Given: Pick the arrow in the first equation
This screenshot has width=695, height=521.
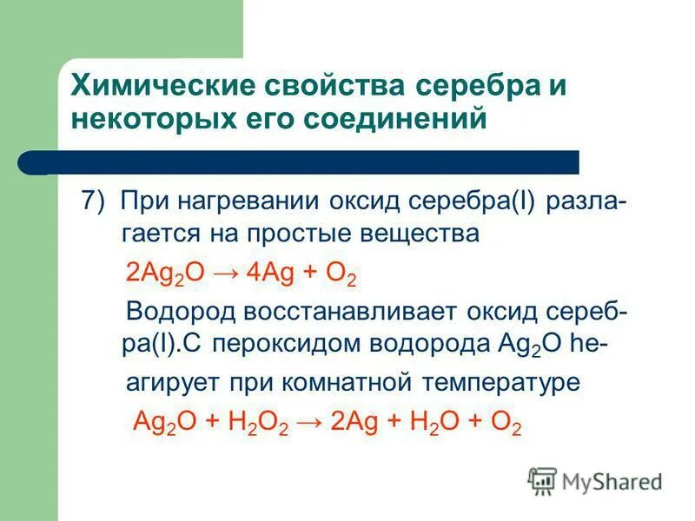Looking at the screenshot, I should (225, 274).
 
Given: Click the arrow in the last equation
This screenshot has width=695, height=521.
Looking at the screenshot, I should (311, 423).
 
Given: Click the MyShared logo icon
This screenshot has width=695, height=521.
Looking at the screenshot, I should (542, 481).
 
